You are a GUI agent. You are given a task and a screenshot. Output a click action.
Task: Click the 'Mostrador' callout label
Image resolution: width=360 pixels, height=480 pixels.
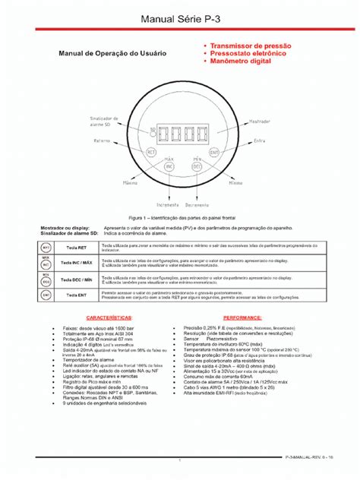[260, 122]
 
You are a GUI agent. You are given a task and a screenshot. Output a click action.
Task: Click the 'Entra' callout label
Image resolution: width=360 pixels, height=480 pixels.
[259, 141]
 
